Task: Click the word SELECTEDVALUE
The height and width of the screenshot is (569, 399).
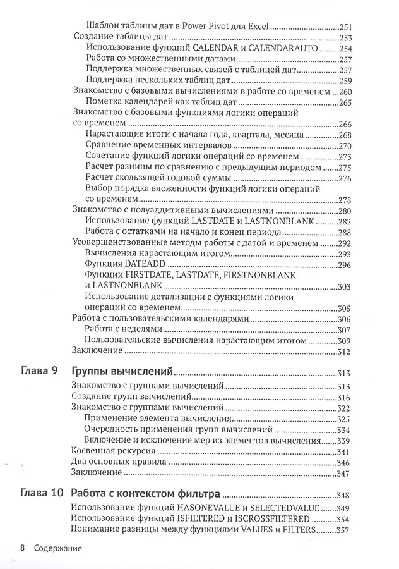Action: point(287,508)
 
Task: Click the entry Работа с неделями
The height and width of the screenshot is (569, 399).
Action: point(124,329)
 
